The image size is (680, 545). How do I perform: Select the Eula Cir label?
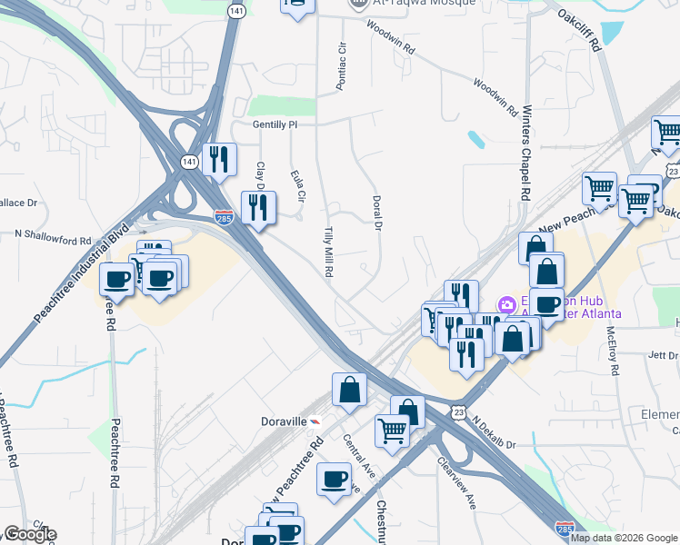[x=295, y=185]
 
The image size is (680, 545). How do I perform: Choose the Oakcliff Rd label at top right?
[x=581, y=29]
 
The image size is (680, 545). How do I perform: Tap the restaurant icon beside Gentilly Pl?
[x=218, y=160]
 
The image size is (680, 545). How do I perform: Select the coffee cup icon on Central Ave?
[x=335, y=478]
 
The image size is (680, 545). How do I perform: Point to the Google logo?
[x=30, y=534]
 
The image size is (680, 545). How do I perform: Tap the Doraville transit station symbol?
[x=315, y=423]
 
